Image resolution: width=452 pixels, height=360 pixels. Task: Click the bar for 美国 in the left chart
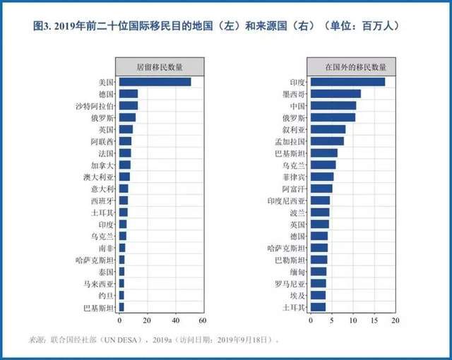(155, 82)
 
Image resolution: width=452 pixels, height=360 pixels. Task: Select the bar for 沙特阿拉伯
(128, 106)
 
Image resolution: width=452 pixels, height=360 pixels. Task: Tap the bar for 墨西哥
(335, 94)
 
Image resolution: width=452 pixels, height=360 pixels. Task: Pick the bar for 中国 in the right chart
(333, 106)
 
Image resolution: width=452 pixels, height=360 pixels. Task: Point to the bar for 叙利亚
(328, 129)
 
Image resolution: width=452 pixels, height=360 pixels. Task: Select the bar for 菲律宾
(322, 176)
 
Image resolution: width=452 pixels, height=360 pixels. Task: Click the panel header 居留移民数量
(161, 67)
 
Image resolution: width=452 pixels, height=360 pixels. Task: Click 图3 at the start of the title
(43, 26)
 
